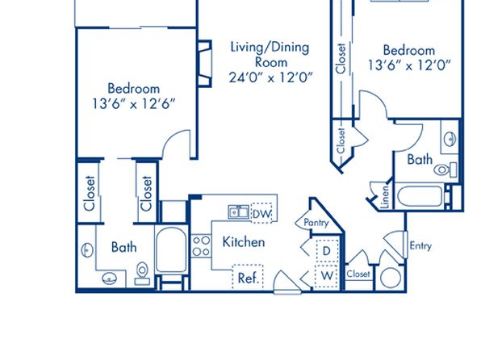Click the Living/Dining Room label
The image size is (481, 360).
270,55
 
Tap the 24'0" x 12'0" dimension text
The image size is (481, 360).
271,77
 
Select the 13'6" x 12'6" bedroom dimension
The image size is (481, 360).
134,104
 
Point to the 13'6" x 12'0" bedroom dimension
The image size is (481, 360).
409,65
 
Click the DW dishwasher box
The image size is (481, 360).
261,213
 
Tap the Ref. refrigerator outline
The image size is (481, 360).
248,277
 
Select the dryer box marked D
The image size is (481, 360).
327,251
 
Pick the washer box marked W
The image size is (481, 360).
327,276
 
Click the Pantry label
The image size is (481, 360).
316,223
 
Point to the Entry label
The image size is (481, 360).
420,245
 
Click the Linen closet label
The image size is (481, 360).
385,197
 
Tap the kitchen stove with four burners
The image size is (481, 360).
201,246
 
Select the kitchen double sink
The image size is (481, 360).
238,212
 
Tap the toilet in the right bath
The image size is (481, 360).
445,170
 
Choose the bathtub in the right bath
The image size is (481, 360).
420,196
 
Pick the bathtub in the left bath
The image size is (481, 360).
171,249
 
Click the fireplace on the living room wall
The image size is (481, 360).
205,64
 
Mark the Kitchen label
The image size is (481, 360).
244,242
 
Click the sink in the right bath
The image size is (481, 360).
450,139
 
